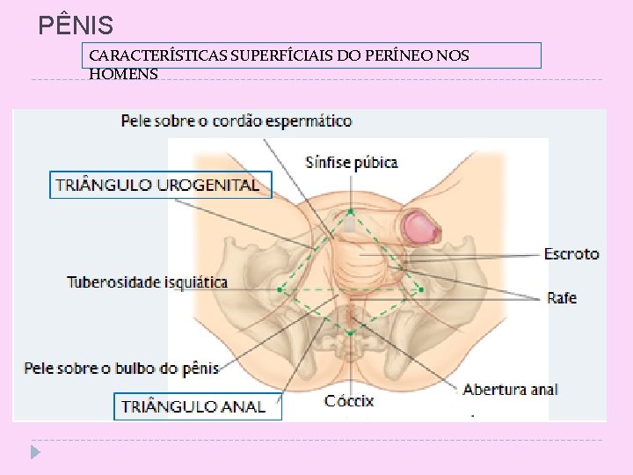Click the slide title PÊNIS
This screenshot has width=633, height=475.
tap(76, 25)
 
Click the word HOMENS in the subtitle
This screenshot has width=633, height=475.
tap(124, 74)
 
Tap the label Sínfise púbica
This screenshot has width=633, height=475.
tap(352, 162)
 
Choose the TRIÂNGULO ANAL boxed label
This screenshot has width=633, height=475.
tap(193, 406)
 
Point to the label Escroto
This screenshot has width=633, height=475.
tap(571, 253)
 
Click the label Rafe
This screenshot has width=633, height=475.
tap(562, 298)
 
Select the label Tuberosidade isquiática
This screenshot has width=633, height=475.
tap(148, 282)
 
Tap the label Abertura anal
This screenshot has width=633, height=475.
tap(510, 390)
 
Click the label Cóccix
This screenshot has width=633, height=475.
tap(349, 401)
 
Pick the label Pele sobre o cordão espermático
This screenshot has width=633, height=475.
tap(236, 121)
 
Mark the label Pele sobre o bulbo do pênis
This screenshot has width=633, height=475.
tap(121, 368)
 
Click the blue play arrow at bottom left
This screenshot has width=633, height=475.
tap(34, 453)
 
